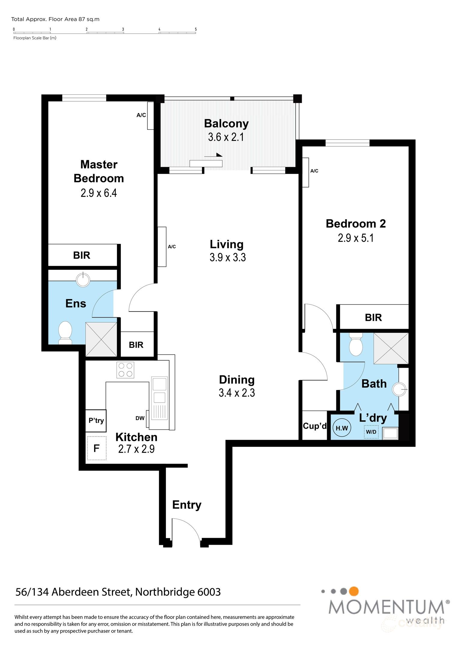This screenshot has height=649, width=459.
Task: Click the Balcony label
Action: point(226,123)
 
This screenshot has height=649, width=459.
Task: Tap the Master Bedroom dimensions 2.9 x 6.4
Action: point(99,193)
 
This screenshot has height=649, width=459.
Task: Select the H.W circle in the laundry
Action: point(342,428)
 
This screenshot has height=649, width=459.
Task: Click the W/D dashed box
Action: point(371,432)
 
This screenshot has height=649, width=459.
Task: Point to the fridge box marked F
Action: point(96,448)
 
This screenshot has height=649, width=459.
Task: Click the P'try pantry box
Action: point(96,421)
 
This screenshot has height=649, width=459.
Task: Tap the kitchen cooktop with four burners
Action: point(125,370)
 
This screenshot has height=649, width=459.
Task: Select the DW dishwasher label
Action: point(140,418)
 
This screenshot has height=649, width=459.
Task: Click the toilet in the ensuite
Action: point(65,332)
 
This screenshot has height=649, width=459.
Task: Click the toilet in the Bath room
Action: point(356,344)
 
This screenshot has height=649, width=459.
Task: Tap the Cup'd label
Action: point(315,426)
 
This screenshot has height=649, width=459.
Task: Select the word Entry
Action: point(187,505)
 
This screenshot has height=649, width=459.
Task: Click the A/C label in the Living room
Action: point(172,247)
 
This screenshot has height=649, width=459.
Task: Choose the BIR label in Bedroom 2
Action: point(373,317)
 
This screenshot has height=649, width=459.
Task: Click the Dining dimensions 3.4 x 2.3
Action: point(237,393)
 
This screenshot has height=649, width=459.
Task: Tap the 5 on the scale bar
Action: point(196,29)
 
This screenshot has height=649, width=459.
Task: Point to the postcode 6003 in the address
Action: point(209,592)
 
